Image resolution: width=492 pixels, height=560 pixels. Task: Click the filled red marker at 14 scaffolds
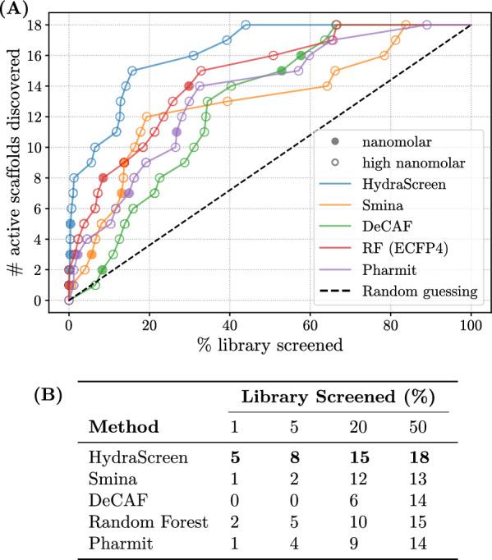(x=190, y=86)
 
